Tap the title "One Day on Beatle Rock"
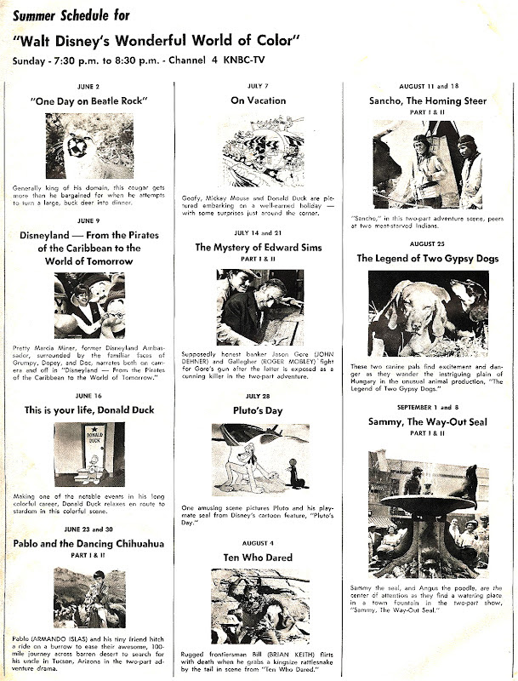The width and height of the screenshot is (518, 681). pos(89,100)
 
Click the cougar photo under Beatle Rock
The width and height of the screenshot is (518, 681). pos(89,146)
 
